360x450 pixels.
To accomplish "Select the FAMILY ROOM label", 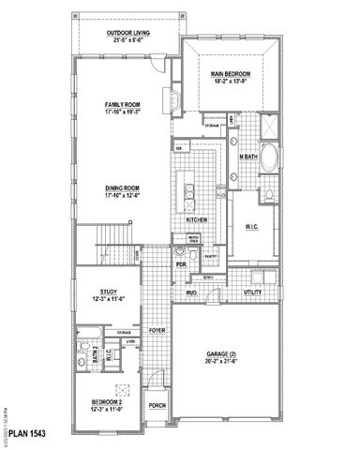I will [123, 105].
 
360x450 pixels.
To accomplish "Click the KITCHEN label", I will [196, 219].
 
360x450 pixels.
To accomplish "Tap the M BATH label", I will [248, 157].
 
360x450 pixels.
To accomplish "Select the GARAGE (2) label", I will [223, 354].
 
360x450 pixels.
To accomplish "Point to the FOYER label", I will [156, 330].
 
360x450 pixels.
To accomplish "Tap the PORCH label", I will [157, 406].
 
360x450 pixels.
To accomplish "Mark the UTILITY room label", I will [252, 293].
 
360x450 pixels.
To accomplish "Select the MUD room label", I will [190, 293].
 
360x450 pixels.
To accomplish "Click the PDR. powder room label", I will [182, 264].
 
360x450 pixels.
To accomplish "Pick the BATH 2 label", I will [82, 352].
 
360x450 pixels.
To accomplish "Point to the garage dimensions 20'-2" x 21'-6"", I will [223, 361].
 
